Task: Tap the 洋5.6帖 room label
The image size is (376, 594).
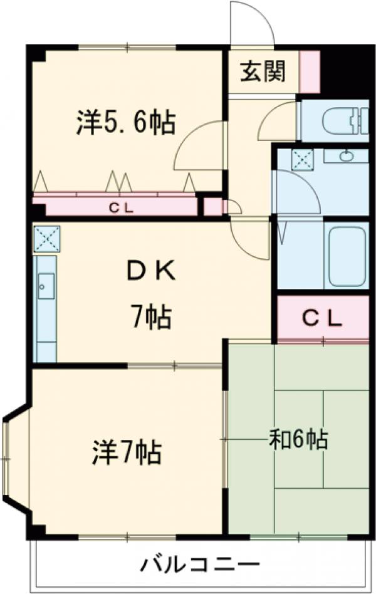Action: [x=126, y=122]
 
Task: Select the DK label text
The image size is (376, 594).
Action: [x=151, y=271]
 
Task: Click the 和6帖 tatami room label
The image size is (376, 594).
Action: [x=298, y=439]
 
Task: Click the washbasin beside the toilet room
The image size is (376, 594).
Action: [x=347, y=155]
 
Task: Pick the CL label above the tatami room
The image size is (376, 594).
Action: [x=322, y=319]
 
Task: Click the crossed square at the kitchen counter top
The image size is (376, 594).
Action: [x=46, y=239]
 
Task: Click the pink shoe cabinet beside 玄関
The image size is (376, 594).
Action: [x=310, y=72]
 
